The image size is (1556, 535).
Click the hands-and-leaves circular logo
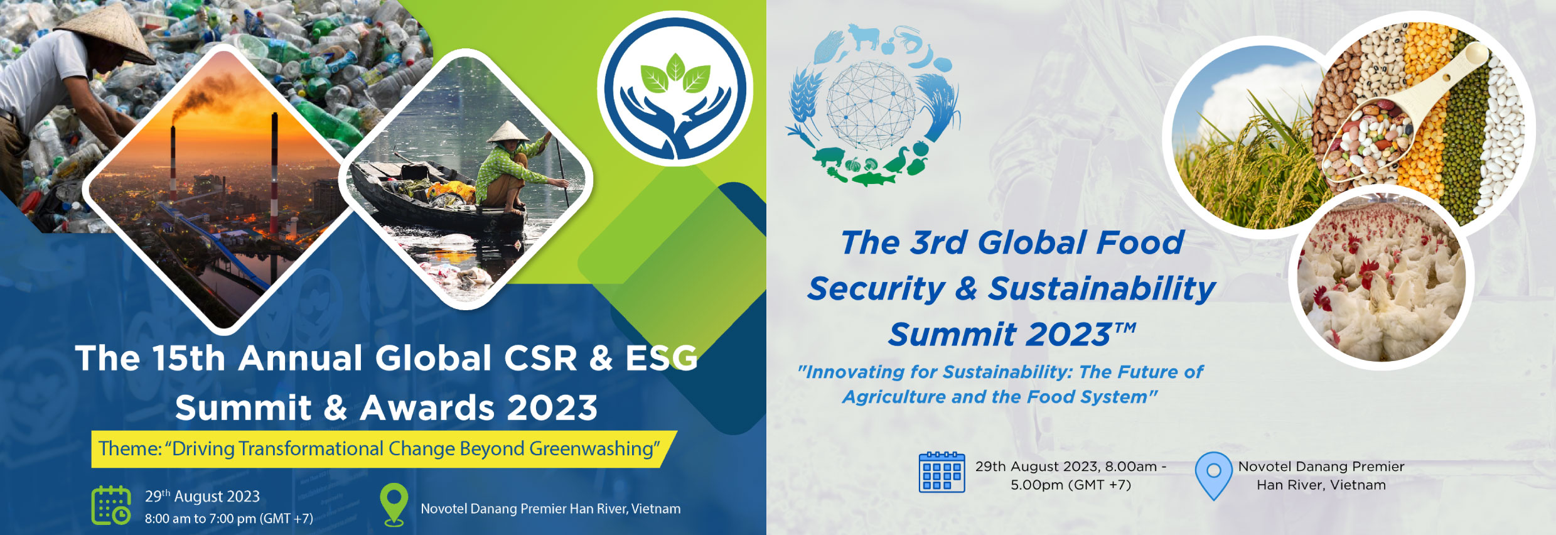(x=675, y=89)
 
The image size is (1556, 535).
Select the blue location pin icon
(x=1214, y=475)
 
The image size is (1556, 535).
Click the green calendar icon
(x=111, y=505)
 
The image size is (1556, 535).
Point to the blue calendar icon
(x=942, y=472)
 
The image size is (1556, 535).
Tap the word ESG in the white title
(x=662, y=359)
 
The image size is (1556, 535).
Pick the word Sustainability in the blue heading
(x=1102, y=289)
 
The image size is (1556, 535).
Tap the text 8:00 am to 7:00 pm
(x=200, y=519)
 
